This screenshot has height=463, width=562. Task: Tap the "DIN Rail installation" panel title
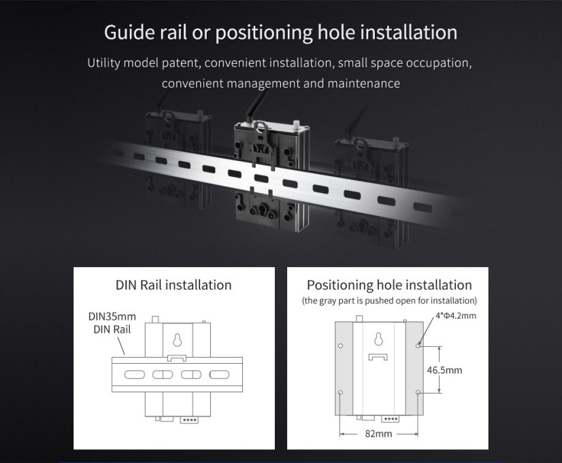[x=173, y=285]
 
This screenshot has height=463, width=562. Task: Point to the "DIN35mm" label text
[x=112, y=317]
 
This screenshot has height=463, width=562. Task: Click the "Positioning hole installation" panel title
[x=389, y=285]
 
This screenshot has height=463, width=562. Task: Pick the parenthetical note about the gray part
[x=389, y=300]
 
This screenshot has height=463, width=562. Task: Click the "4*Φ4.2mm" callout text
[x=456, y=315]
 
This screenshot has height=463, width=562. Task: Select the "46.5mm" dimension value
[x=444, y=370]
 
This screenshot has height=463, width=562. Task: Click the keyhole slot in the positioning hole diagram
[x=378, y=340]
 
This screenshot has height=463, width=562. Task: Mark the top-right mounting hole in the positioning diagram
[x=418, y=345]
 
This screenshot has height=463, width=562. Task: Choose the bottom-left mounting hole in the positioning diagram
[x=340, y=393]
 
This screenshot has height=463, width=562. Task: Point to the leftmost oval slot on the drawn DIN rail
[x=134, y=375]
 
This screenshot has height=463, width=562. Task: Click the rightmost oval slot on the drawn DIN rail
[x=219, y=375]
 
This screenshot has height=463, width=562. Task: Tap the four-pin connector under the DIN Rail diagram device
[x=188, y=419]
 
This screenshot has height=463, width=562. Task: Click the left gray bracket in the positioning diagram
[x=346, y=371]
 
